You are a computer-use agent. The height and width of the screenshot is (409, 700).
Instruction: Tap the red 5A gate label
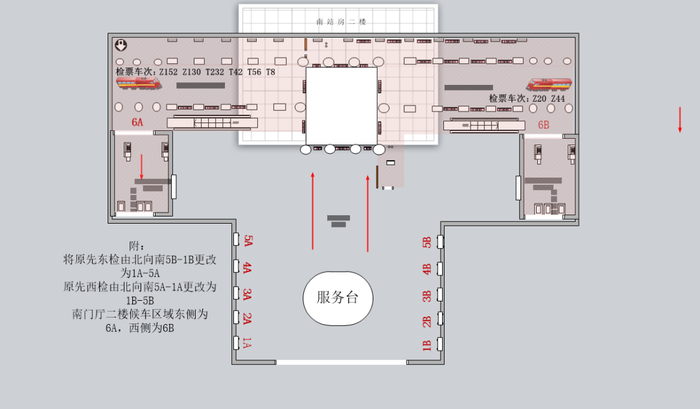pyautogui.click(x=247, y=242)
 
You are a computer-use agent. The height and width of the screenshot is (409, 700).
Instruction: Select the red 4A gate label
pyautogui.click(x=247, y=268)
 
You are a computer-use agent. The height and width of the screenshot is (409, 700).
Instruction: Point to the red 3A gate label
pyautogui.click(x=247, y=294)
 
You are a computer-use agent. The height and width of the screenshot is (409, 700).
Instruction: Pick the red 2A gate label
pyautogui.click(x=247, y=319)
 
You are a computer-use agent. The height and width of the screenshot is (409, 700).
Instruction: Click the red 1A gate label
pyautogui.click(x=247, y=344)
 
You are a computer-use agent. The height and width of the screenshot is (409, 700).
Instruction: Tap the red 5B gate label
pyautogui.click(x=426, y=242)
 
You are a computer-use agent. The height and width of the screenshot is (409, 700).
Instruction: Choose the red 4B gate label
pyautogui.click(x=426, y=269)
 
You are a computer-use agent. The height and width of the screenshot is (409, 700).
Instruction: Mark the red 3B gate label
pyautogui.click(x=426, y=295)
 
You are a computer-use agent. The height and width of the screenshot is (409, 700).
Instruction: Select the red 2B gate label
pyautogui.click(x=426, y=321)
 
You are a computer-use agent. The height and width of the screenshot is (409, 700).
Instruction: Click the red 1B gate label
pyautogui.click(x=426, y=346)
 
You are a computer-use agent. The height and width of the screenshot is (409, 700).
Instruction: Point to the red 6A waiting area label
pyautogui.click(x=138, y=121)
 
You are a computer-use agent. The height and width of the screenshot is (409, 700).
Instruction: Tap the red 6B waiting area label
pyautogui.click(x=543, y=125)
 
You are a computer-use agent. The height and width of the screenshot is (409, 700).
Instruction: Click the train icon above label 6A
pyautogui.click(x=139, y=86)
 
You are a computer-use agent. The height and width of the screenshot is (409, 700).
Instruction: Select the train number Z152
pyautogui.click(x=168, y=73)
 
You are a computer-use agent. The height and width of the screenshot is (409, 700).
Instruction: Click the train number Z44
pyautogui.click(x=557, y=99)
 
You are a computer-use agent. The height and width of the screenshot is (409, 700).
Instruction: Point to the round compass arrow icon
pyautogui.click(x=120, y=45)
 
